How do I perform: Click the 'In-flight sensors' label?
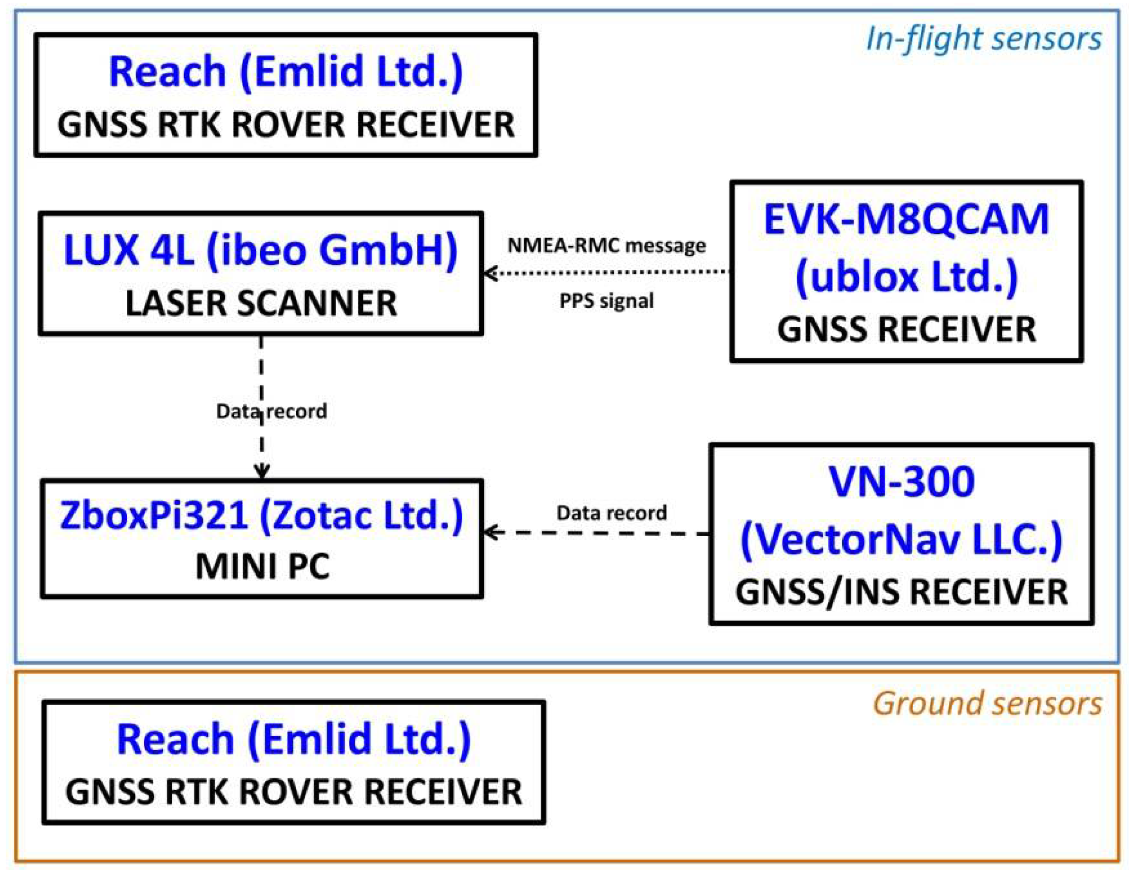pyautogui.click(x=983, y=39)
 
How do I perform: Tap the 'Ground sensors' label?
pyautogui.click(x=988, y=704)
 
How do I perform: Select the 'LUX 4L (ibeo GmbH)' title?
pyautogui.click(x=261, y=250)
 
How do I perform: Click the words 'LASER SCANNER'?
pyautogui.click(x=261, y=303)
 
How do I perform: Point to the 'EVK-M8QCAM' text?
pyautogui.click(x=906, y=220)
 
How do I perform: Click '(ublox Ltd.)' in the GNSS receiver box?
pyautogui.click(x=906, y=276)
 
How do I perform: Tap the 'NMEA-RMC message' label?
pyautogui.click(x=606, y=246)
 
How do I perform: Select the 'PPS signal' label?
pyautogui.click(x=606, y=301)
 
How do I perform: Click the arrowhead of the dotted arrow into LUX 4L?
pyautogui.click(x=489, y=273)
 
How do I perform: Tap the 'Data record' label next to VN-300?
pyautogui.click(x=611, y=513)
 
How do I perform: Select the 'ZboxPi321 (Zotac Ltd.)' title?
pyautogui.click(x=262, y=516)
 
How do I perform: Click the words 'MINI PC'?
pyautogui.click(x=262, y=567)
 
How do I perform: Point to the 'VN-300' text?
pyautogui.click(x=901, y=482)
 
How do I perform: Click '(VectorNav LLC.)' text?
pyautogui.click(x=901, y=539)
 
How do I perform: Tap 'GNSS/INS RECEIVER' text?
pyautogui.click(x=901, y=593)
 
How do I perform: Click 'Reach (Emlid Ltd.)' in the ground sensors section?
pyautogui.click(x=294, y=739)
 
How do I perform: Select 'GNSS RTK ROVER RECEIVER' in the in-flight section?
pyautogui.click(x=286, y=125)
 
